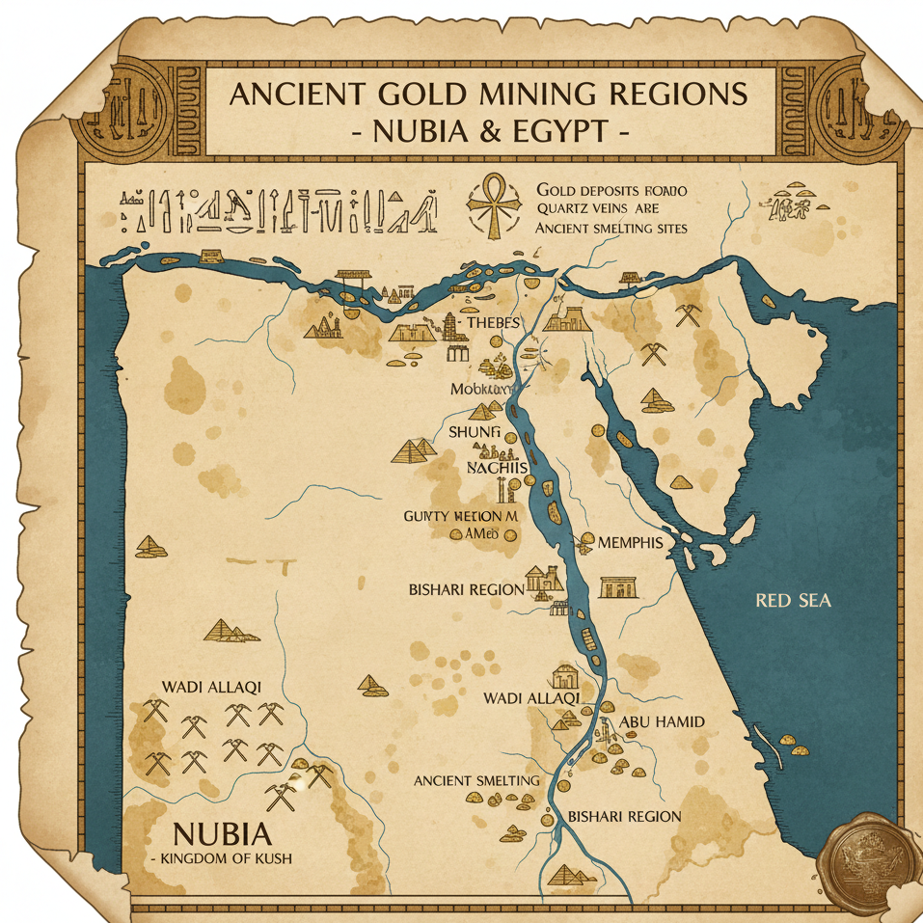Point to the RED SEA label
click(x=794, y=601)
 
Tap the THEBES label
click(x=493, y=323)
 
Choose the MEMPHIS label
click(x=630, y=542)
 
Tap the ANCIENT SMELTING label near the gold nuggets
click(x=475, y=779)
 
